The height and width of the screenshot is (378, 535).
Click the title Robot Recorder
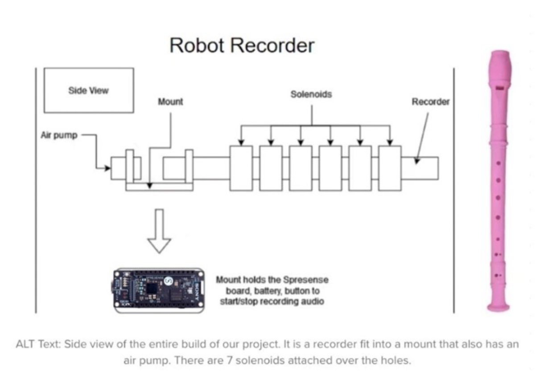(x=242, y=45)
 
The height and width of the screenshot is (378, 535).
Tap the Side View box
(x=88, y=90)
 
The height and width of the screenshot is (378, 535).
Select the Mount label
(x=170, y=102)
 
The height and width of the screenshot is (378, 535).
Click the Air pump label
(x=59, y=135)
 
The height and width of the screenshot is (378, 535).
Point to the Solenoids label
(x=311, y=94)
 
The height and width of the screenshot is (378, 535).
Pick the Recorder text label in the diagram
(x=430, y=102)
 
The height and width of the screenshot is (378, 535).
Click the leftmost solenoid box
(x=241, y=168)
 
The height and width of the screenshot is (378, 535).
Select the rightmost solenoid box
(x=390, y=168)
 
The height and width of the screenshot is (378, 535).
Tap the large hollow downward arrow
(x=159, y=232)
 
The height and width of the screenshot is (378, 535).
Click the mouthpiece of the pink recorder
(x=499, y=62)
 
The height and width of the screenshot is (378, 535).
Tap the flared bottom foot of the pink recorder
(x=498, y=306)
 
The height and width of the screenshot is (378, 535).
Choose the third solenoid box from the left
(x=300, y=168)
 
